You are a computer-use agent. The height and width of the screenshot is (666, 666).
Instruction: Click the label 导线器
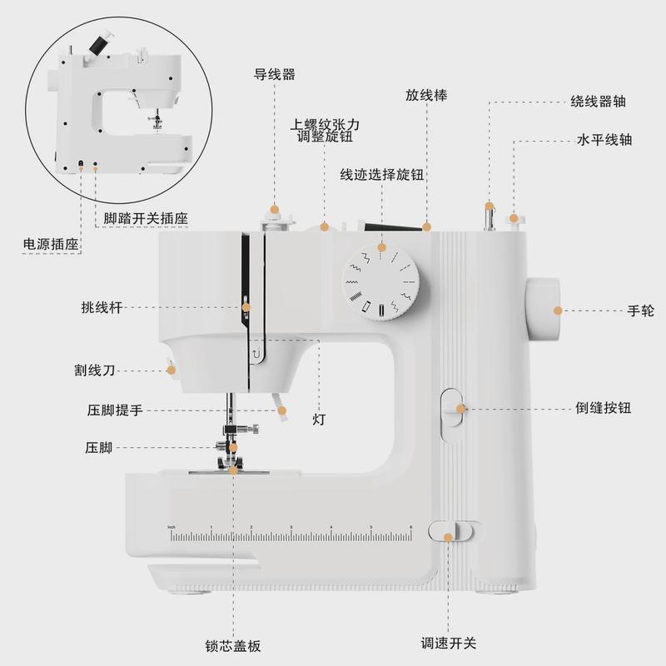point(275,74)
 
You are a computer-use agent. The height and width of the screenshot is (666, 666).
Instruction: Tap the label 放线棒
point(427,95)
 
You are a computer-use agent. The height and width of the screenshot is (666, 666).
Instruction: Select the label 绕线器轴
point(598,102)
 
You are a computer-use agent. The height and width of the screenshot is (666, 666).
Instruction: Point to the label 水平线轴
point(604,139)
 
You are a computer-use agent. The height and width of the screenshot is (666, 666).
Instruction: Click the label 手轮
point(641,311)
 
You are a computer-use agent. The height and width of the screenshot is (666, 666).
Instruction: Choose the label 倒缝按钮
point(603,408)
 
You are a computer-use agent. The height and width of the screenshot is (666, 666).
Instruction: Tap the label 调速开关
point(449,643)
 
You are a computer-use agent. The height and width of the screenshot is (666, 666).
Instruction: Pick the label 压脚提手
point(115,410)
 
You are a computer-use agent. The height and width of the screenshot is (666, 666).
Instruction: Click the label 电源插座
point(50,245)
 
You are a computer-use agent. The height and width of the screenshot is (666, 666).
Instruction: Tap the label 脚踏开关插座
point(145,219)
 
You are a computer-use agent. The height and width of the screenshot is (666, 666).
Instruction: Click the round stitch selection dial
point(382,283)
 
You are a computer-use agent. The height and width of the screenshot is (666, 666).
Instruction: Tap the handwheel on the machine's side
point(542,310)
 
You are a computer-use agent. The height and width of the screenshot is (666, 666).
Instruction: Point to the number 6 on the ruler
point(410,528)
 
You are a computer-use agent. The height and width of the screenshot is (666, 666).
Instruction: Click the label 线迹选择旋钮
point(383,175)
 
